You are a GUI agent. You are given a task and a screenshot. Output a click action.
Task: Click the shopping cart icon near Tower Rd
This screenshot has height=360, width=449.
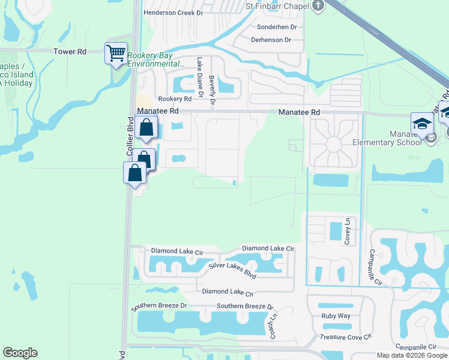pos(115,52)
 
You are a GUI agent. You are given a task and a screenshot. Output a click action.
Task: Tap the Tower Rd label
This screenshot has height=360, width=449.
pos(70,52)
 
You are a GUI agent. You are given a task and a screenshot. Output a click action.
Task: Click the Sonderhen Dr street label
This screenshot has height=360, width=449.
pos(277,27)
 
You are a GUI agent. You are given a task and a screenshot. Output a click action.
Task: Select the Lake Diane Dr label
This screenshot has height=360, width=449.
pos(199,73)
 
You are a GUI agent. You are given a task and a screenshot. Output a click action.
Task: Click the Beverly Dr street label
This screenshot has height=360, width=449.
pos(212,88)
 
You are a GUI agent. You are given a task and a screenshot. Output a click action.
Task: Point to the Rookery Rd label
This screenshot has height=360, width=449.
pos(175,99)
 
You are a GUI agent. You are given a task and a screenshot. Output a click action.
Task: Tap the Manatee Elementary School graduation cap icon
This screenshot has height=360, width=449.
pos(422,124)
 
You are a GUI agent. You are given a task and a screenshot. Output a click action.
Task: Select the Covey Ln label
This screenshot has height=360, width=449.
pos(347,231)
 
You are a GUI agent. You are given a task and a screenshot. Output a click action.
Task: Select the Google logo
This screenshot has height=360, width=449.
pos(20,353)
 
